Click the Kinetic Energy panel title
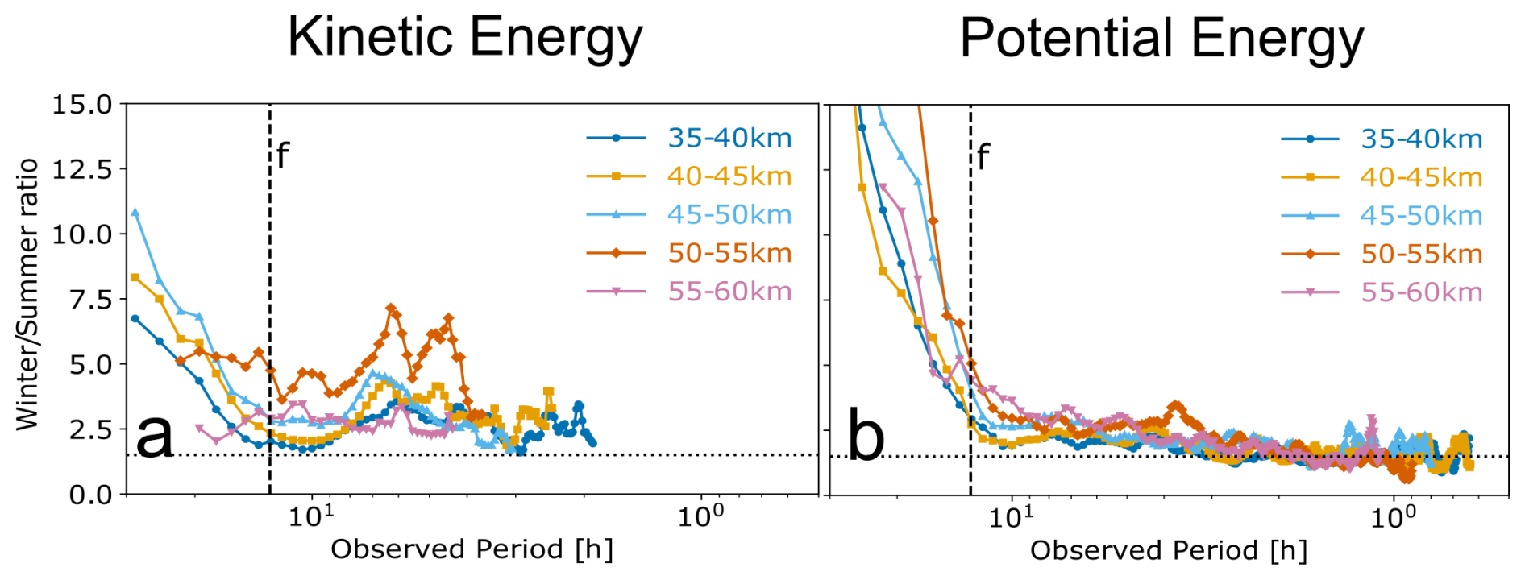465,37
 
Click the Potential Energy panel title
1161,39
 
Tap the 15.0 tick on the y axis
82,105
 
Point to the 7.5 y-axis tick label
82,300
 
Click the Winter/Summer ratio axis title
27,294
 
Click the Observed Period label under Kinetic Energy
472,549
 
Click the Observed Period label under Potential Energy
1169,550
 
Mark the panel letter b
866,437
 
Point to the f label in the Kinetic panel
282,155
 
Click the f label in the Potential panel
983,157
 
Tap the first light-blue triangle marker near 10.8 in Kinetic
135,213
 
